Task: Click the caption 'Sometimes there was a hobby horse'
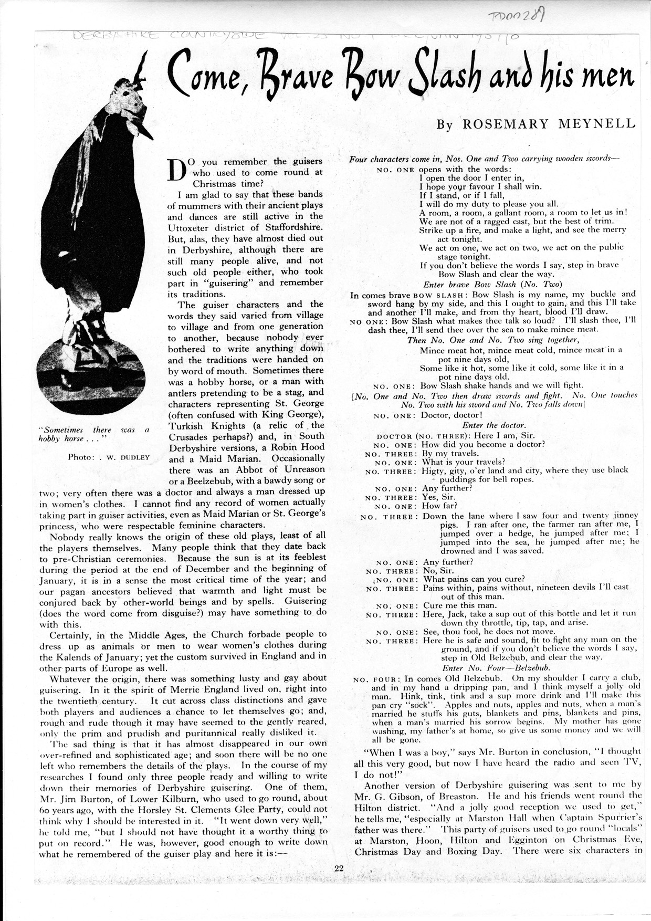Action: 94,434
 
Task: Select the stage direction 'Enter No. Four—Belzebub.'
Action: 496,668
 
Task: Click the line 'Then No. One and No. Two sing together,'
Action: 485,340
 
